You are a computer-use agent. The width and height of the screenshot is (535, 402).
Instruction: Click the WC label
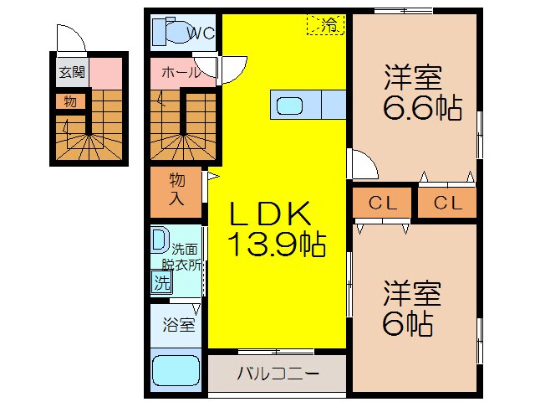coord(201,34)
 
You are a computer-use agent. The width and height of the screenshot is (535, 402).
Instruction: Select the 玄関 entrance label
coord(71,73)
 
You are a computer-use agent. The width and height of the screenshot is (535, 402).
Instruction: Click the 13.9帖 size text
coord(276,245)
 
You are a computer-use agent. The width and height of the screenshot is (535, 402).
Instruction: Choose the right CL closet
coord(448,202)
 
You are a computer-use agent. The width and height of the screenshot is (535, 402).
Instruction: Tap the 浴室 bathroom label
coord(177,323)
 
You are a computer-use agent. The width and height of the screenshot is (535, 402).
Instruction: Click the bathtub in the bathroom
coord(175,371)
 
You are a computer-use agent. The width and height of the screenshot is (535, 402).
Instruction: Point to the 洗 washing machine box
coord(161,282)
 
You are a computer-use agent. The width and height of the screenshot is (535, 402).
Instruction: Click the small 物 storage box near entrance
coord(70,101)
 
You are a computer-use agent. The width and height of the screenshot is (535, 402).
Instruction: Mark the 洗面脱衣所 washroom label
coord(186,256)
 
